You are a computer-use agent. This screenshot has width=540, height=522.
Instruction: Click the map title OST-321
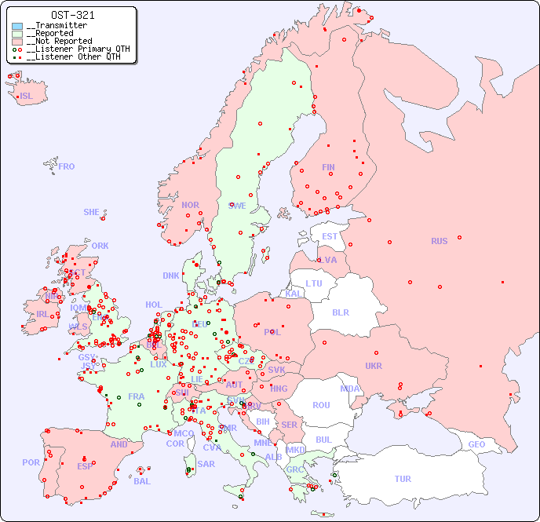click(72, 15)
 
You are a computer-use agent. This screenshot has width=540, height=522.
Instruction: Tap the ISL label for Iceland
click(27, 97)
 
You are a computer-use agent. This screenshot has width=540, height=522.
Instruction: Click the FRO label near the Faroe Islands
click(67, 166)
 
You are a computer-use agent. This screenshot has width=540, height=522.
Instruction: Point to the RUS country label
click(439, 241)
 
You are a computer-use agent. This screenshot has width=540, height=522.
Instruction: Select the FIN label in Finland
click(328, 167)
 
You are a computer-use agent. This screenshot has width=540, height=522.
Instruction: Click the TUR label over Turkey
click(403, 479)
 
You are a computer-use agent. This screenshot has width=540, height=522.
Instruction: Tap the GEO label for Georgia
click(476, 444)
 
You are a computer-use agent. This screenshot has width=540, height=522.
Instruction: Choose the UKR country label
click(374, 366)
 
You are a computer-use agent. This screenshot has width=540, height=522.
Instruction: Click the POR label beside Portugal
click(31, 462)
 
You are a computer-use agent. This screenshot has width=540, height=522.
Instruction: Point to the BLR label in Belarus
click(340, 312)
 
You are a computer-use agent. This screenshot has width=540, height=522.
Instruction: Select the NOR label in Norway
click(190, 205)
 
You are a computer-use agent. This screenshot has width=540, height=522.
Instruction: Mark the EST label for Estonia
click(330, 236)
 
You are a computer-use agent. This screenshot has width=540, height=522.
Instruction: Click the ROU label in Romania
click(321, 405)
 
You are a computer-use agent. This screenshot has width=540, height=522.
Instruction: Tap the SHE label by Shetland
click(92, 212)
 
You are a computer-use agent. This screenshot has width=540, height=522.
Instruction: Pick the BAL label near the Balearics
click(141, 481)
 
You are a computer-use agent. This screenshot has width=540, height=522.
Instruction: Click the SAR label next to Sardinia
click(206, 464)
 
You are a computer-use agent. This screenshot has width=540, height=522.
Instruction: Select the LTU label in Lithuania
click(314, 283)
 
